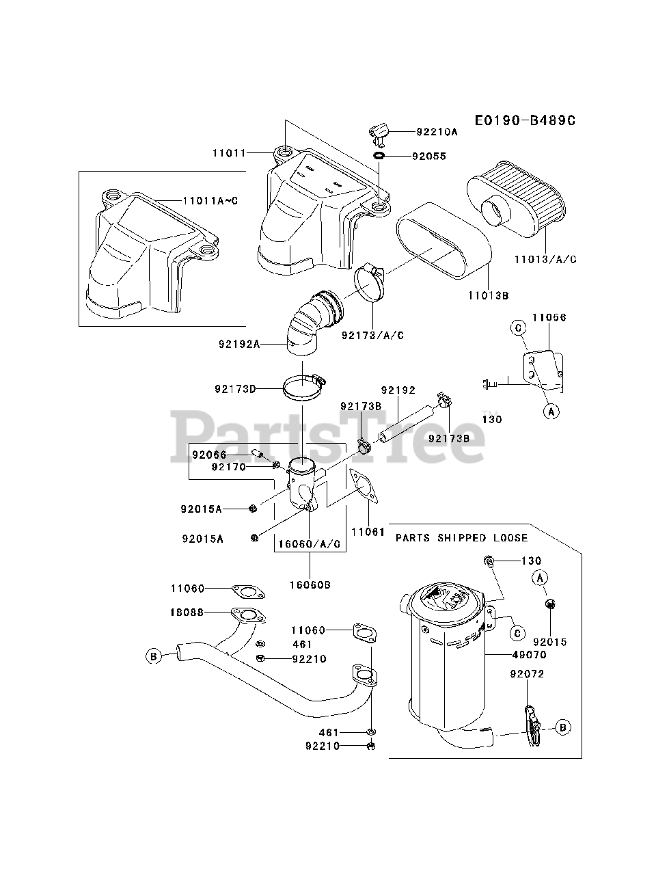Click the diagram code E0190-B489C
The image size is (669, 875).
525,120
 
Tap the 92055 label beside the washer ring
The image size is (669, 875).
428,156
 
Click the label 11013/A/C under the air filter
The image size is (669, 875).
545,259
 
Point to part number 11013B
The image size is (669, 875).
488,296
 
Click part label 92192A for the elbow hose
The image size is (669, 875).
239,345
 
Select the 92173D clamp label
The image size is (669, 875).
234,389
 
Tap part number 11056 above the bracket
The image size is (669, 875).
549,318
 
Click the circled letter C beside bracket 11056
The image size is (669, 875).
519,329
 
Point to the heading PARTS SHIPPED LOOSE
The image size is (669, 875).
450,538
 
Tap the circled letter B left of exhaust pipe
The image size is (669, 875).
153,656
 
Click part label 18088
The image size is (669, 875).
187,612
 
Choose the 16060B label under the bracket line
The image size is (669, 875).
309,584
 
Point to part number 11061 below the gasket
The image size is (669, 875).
368,531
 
